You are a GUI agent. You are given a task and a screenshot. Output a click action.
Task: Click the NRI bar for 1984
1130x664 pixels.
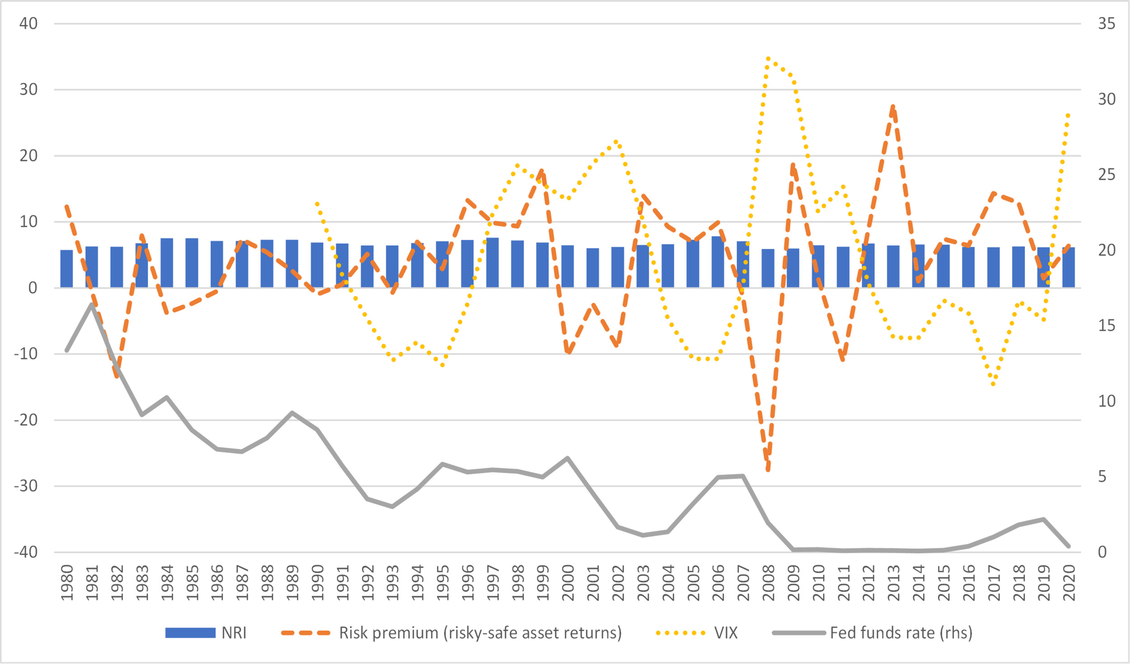coord(167,263)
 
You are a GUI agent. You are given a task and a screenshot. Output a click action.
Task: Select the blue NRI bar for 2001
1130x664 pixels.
coord(593,268)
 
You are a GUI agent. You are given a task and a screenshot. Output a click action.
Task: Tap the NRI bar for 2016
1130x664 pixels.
coord(968,267)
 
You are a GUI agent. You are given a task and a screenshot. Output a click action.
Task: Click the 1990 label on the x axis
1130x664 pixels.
coord(317,582)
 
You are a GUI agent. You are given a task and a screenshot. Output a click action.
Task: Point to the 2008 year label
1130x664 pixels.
coord(768,582)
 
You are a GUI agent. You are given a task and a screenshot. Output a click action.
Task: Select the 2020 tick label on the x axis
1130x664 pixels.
coord(1069,582)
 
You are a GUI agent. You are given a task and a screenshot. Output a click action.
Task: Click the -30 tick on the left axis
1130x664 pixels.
coord(26,486)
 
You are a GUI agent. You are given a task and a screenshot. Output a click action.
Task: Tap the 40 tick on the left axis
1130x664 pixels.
coord(28,23)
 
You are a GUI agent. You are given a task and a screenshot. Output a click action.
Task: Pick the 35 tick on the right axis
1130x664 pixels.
coord(1106,23)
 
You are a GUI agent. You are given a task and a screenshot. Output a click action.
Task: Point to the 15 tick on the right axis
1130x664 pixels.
coord(1106,326)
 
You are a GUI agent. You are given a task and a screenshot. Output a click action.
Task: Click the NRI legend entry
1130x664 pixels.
coord(206,633)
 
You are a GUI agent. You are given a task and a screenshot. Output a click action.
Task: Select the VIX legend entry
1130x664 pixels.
coord(697,633)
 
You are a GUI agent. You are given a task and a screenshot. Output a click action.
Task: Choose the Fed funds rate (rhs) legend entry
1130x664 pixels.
coord(872,633)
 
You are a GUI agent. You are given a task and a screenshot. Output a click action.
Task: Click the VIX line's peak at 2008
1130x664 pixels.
coord(768,58)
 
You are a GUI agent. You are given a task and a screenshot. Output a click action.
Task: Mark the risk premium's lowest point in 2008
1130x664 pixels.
coord(768,470)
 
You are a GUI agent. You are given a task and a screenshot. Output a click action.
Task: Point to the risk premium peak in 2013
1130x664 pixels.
coord(893,107)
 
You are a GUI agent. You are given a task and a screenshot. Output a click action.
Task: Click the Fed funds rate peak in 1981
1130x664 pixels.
coord(92,304)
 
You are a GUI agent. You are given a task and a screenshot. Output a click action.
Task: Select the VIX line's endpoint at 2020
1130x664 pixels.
coord(1069,115)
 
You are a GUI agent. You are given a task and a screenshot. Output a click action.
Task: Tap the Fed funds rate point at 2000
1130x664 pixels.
coord(568,458)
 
